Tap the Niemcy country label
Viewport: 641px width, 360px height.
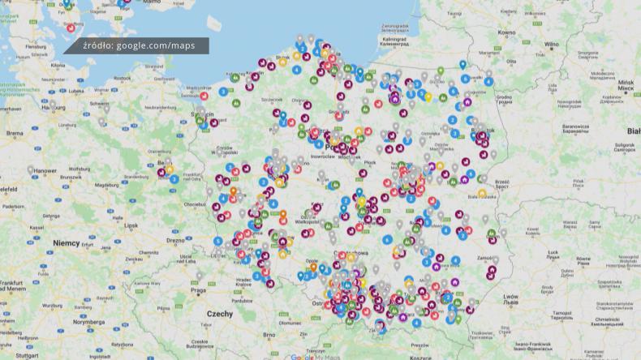(66, 242)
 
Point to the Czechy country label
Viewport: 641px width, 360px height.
(219, 314)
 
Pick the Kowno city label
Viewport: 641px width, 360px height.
(506, 32)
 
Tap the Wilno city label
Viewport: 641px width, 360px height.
(552, 45)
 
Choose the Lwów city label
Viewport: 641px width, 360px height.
(510, 298)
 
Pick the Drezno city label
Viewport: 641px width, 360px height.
(175, 240)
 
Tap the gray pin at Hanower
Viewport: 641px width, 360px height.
(31, 169)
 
